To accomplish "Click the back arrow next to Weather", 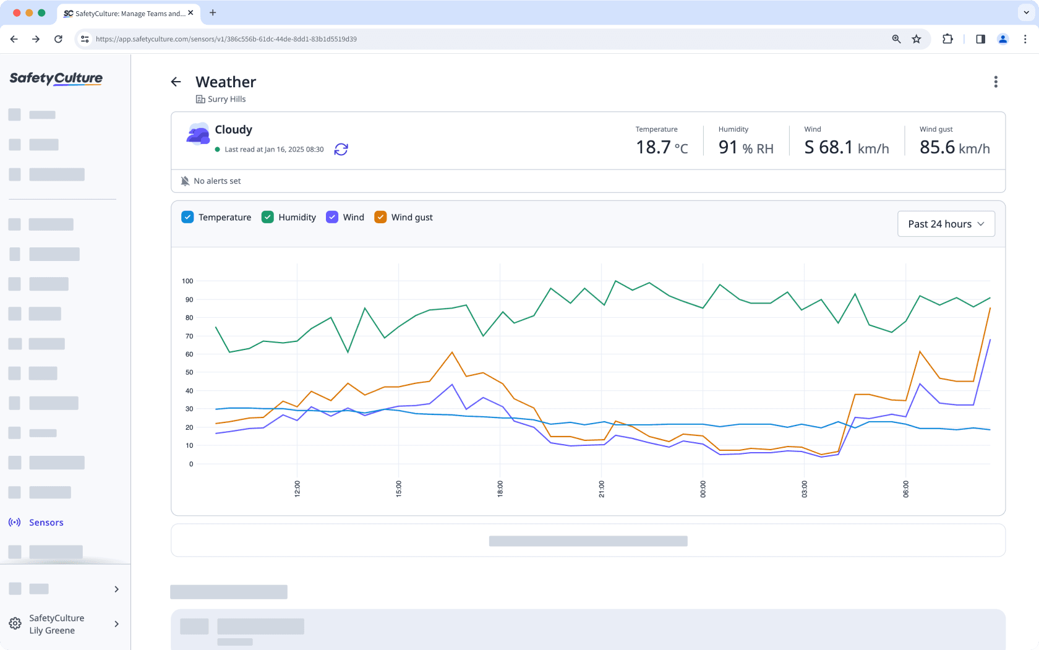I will point(176,82).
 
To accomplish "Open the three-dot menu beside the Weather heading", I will point(995,82).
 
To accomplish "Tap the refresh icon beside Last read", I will point(341,149).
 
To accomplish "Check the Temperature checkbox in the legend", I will point(187,217).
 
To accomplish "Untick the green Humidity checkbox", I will point(268,217).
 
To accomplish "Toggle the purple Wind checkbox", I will point(332,217).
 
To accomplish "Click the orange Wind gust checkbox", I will point(380,217).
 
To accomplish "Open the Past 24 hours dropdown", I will point(946,224).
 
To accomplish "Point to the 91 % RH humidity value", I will point(745,147).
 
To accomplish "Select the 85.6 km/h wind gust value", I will point(954,147).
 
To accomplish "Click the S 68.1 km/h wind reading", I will point(846,147).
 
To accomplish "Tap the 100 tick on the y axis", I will point(187,281).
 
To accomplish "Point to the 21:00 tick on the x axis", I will point(601,489).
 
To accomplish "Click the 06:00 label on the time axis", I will point(905,489).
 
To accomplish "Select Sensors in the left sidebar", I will point(46,523).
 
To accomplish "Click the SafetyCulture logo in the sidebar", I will point(56,79).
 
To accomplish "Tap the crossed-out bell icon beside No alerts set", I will point(185,181).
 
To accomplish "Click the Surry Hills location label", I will point(226,99).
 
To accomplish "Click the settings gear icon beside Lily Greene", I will point(15,624).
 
